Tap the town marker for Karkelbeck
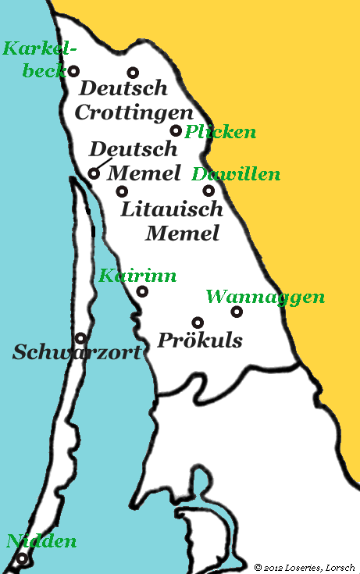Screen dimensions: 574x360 [74, 71]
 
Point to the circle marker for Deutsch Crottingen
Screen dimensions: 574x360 [133, 72]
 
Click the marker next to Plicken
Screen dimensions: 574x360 [176, 130]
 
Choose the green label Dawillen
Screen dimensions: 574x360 [235, 174]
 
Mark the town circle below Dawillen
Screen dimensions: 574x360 [209, 190]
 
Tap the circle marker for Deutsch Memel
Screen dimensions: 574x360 [94, 173]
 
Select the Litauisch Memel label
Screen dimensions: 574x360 [172, 221]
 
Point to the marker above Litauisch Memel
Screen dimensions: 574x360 [122, 191]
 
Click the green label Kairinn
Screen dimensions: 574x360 [137, 276]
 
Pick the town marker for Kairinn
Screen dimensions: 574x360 [142, 292]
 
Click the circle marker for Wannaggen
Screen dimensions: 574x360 [237, 312]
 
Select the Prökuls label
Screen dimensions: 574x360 [200, 340]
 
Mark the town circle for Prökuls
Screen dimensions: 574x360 [198, 322]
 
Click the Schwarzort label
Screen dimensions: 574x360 [77, 352]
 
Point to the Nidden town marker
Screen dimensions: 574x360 [23, 559]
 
